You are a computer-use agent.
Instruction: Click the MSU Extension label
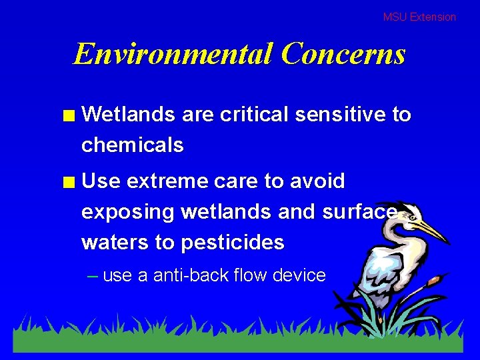419,17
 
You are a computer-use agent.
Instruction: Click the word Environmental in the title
173,53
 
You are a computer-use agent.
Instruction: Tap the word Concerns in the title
343,53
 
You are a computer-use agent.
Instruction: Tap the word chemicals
132,145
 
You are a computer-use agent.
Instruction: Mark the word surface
359,212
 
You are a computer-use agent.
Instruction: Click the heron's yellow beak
430,230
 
